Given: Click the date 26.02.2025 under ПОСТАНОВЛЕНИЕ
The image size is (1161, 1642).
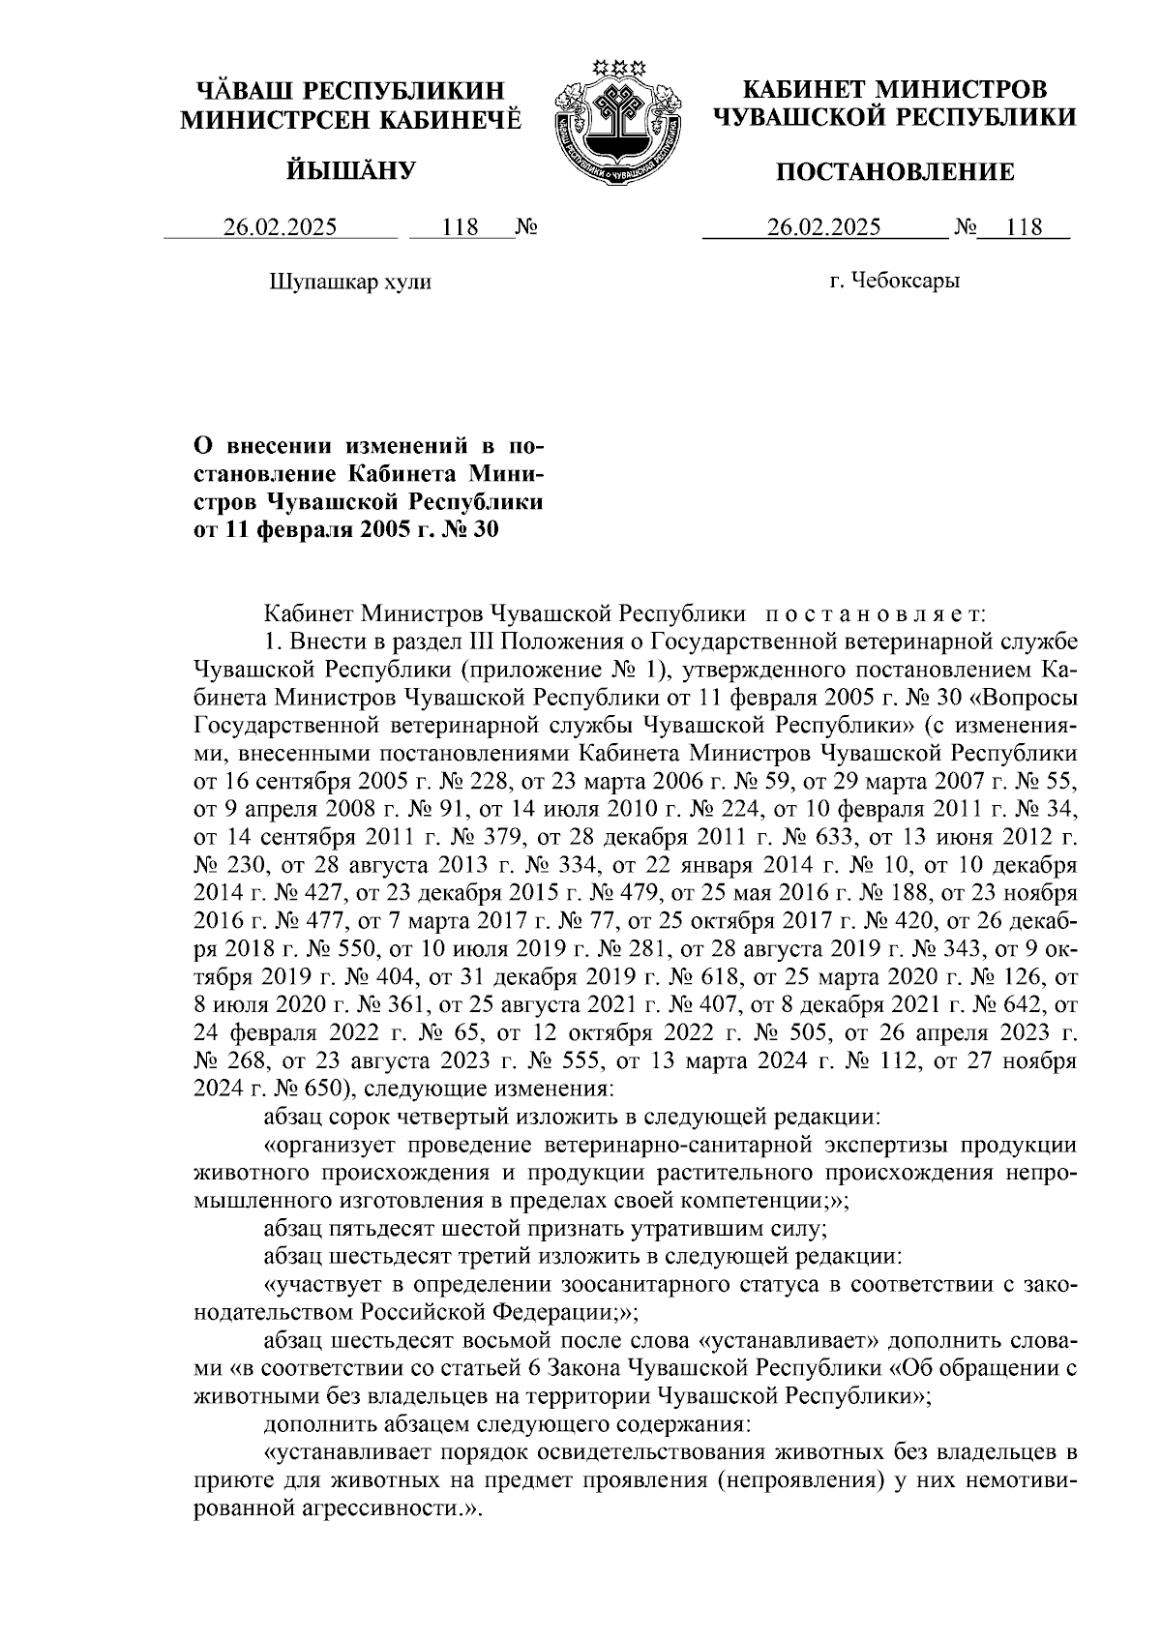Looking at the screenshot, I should [824, 227].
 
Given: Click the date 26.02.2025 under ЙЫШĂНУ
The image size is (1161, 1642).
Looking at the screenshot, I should [281, 227].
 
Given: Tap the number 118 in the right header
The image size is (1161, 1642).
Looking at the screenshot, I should [1025, 227].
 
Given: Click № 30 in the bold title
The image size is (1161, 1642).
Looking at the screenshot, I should [471, 529].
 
